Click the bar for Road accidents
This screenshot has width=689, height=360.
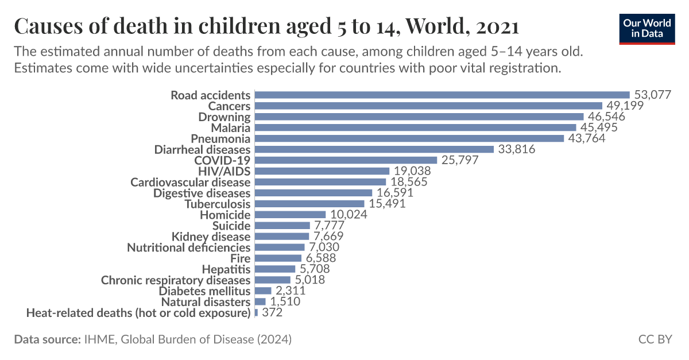click(442, 95)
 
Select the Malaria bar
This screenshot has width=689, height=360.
click(415, 127)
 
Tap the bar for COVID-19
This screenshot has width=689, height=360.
click(346, 160)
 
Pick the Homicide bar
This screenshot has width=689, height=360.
click(290, 215)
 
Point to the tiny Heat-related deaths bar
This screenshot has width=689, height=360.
click(256, 313)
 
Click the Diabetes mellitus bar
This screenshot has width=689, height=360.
click(263, 291)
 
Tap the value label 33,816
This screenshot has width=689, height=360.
click(516, 150)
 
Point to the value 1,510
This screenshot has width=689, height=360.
click(285, 302)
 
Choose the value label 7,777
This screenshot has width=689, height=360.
click(329, 226)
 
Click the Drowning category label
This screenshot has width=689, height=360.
click(224, 117)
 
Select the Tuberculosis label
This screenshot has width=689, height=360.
click(218, 204)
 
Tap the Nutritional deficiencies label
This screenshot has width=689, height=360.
click(189, 247)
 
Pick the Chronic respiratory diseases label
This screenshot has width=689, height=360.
click(176, 280)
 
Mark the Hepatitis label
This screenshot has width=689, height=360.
click(226, 269)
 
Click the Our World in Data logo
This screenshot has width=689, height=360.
click(646, 27)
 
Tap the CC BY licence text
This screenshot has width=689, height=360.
click(655, 339)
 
